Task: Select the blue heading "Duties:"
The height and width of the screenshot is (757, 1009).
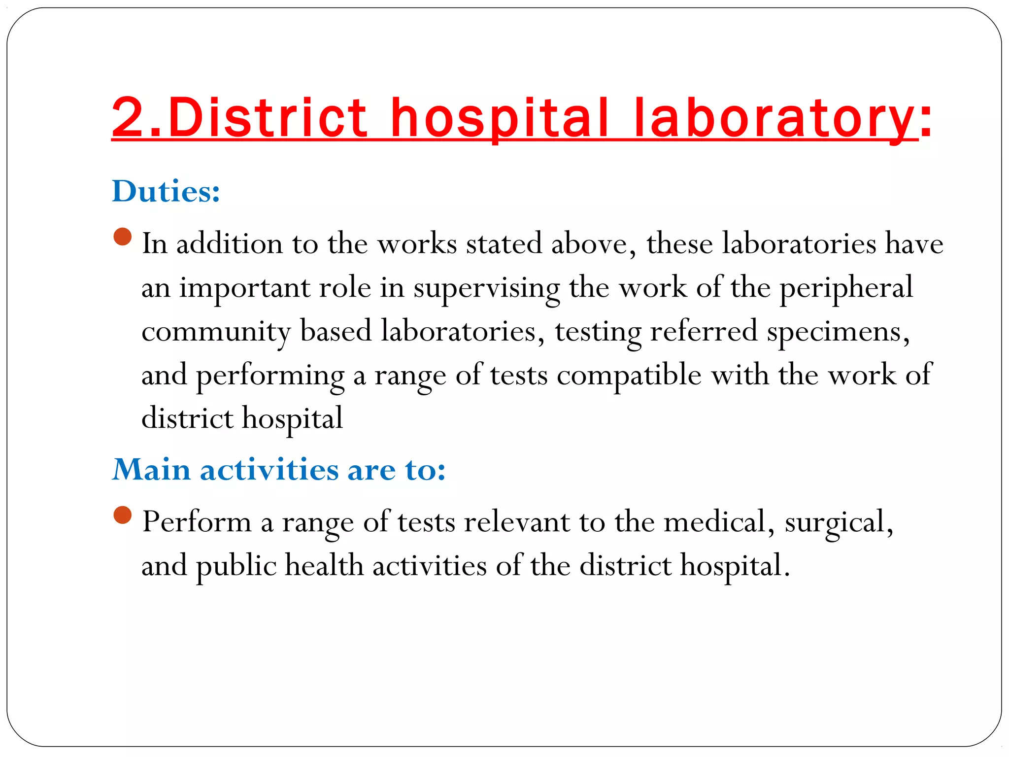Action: tap(166, 191)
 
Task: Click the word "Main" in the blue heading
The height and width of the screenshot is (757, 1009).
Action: tap(151, 469)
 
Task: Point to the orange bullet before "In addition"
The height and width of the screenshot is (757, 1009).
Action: tap(122, 237)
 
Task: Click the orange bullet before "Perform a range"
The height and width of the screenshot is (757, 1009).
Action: tap(122, 515)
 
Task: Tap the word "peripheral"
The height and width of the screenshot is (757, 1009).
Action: tap(846, 288)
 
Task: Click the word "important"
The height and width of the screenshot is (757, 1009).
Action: tap(244, 288)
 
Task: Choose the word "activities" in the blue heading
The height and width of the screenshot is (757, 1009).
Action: tap(269, 469)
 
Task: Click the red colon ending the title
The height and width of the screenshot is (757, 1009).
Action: tap(926, 120)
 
